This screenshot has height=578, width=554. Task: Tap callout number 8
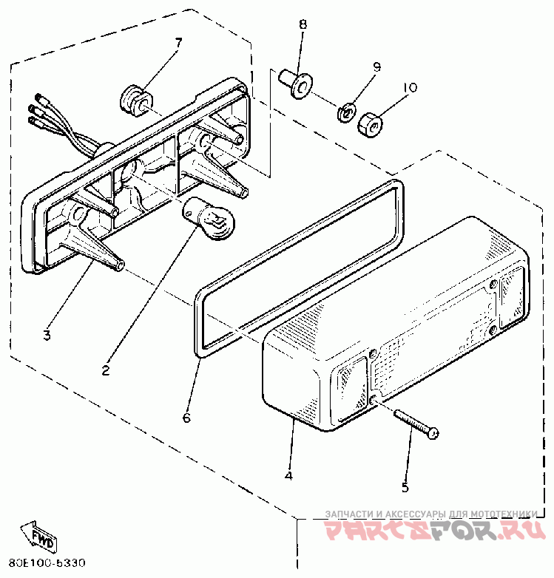coord(303,24)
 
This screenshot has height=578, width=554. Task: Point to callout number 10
coord(409,87)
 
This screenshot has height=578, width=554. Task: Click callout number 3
coord(46,335)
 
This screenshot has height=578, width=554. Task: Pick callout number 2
coord(106,370)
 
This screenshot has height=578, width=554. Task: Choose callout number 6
coord(186,418)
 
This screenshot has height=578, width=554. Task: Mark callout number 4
coord(288,475)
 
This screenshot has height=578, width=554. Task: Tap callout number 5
coord(405,487)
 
